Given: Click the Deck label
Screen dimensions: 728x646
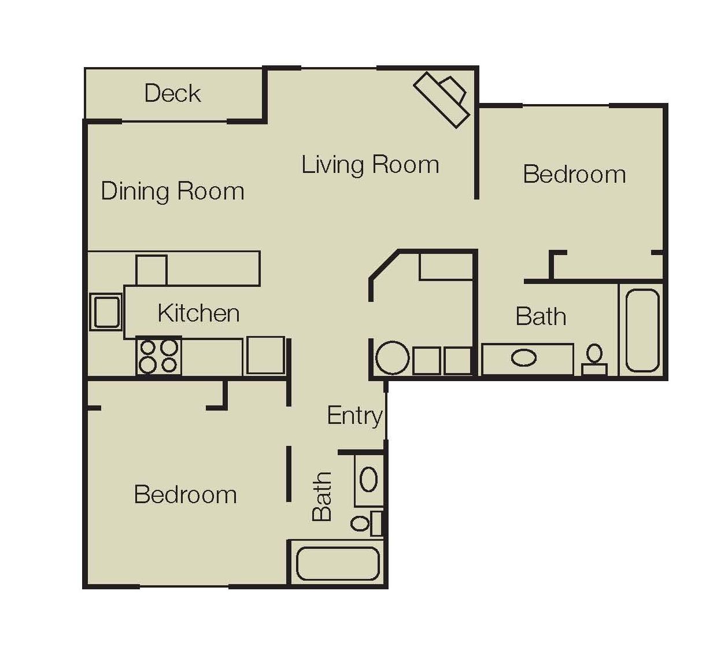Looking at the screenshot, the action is [172, 93].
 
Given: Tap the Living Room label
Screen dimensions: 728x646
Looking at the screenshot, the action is [370, 165].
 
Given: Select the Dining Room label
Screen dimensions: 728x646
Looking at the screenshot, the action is [172, 191].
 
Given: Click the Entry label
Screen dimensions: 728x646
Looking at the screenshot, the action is [354, 416].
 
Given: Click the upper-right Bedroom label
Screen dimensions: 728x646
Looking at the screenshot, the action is [574, 174].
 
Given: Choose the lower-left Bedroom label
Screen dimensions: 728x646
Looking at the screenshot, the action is [186, 494].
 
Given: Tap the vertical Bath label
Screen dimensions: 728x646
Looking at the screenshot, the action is [321, 496].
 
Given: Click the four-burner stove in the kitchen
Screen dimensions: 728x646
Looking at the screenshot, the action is [158, 356].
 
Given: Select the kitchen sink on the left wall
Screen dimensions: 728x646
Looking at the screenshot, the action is [106, 312].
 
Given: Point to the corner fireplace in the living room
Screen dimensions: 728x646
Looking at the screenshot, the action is [442, 99].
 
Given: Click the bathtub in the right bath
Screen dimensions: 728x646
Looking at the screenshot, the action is [642, 330].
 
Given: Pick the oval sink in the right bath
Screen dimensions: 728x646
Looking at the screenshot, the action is [523, 357].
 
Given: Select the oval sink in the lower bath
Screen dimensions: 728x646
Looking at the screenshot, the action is [369, 479].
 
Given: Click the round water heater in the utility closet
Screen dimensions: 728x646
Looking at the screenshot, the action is [393, 358].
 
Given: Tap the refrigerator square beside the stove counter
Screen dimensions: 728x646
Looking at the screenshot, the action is [265, 356].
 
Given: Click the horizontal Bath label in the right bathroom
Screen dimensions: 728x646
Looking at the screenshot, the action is [541, 316].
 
